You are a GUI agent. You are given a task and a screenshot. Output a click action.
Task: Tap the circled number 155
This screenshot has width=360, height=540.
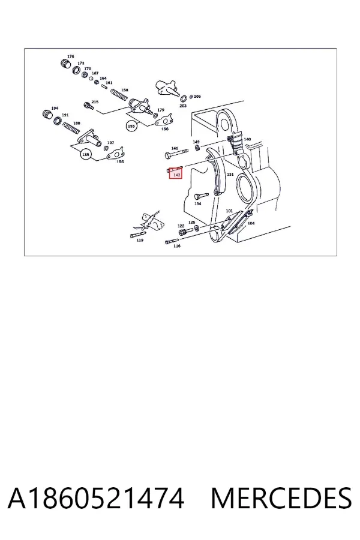131,126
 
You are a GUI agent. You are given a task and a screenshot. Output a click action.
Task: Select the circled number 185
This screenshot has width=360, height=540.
85,155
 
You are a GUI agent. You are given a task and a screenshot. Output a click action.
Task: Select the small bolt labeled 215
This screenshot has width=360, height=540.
89,106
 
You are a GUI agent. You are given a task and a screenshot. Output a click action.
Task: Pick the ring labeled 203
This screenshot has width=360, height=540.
183,99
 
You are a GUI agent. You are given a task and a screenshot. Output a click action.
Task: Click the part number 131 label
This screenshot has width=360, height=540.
230,174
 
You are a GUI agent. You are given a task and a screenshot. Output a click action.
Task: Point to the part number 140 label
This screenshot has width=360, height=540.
247,139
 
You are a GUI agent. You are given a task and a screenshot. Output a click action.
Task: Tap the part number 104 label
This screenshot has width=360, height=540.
251,223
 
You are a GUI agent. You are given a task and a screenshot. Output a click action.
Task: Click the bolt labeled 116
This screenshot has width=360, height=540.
172,241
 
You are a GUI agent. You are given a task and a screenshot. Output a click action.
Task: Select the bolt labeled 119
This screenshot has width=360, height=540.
138,235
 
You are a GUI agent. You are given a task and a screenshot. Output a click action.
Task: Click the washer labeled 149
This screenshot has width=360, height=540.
197,148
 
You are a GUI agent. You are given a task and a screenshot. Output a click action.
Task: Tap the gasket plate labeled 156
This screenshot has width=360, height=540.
163,120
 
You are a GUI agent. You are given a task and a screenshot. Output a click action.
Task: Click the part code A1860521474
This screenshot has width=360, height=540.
96,499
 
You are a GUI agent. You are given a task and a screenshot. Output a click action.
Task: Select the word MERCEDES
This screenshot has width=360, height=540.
281,499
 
